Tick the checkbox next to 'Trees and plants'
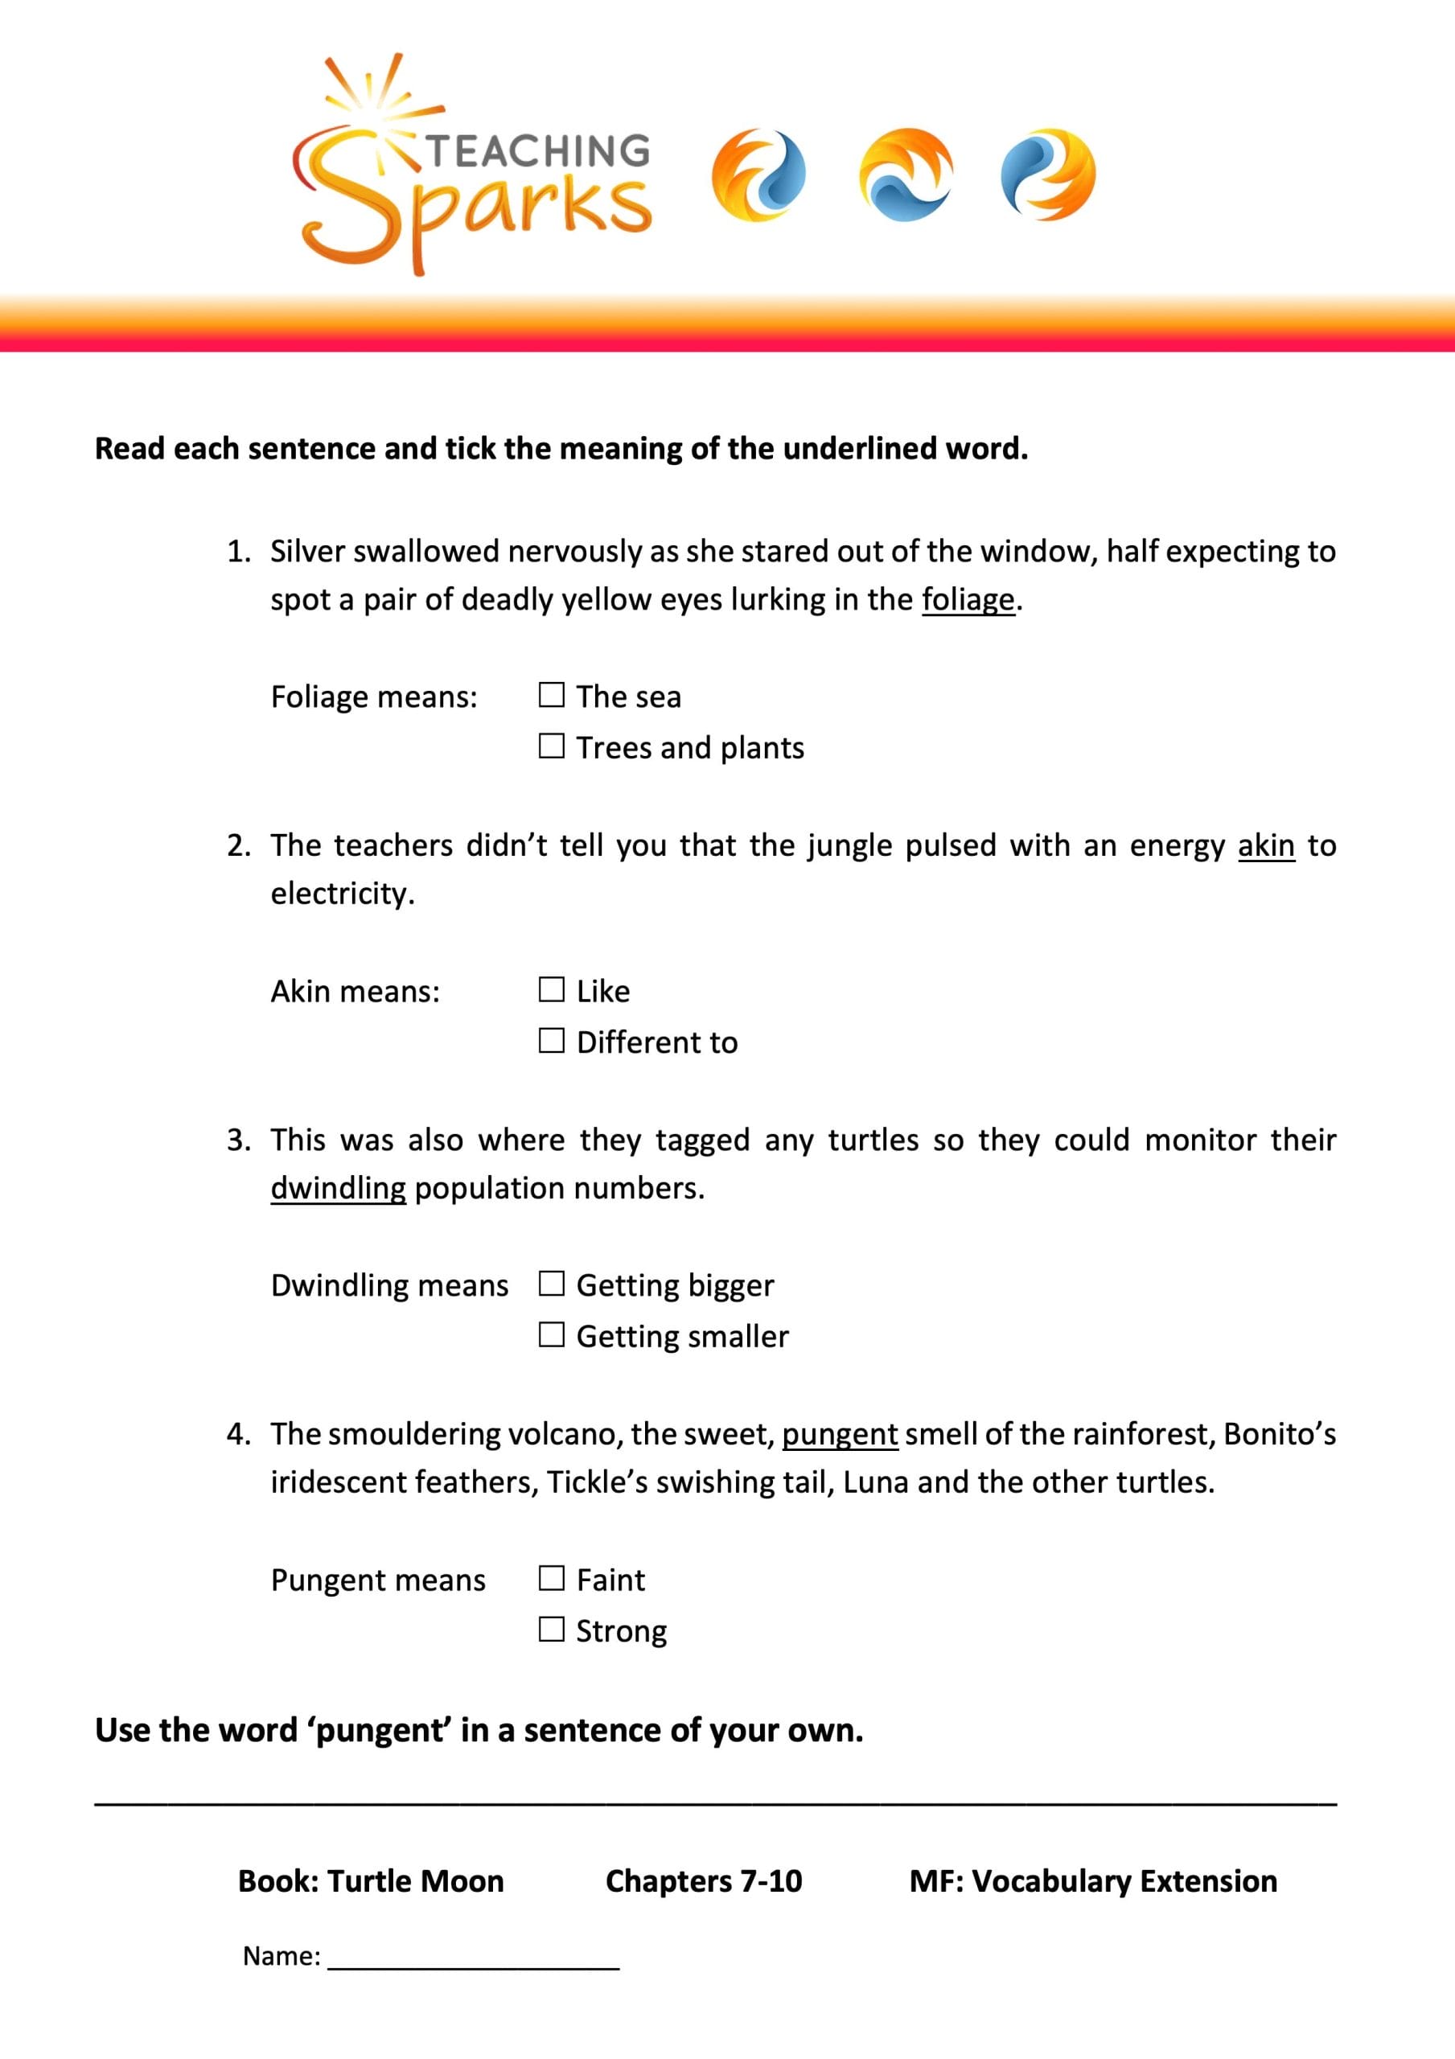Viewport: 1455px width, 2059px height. click(x=551, y=746)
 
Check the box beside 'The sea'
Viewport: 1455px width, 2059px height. click(x=551, y=694)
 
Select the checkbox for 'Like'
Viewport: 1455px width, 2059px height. click(x=551, y=989)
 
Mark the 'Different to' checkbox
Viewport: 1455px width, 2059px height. click(x=551, y=1040)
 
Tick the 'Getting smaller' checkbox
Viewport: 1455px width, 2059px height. click(x=551, y=1334)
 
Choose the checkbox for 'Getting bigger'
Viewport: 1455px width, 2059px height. click(x=551, y=1284)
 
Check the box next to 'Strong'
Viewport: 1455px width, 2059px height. click(x=551, y=1629)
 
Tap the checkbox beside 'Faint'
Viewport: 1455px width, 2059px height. click(x=551, y=1577)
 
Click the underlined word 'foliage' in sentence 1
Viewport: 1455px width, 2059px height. click(x=968, y=599)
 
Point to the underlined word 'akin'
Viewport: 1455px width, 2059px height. click(x=1266, y=845)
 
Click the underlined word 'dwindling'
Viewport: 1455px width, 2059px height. click(x=338, y=1187)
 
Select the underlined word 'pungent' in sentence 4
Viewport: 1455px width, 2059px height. click(x=840, y=1433)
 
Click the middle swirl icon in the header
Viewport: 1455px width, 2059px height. click(x=904, y=175)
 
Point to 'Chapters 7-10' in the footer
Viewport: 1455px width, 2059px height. click(x=703, y=1880)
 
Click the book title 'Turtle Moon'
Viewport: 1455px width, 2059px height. click(x=415, y=1880)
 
